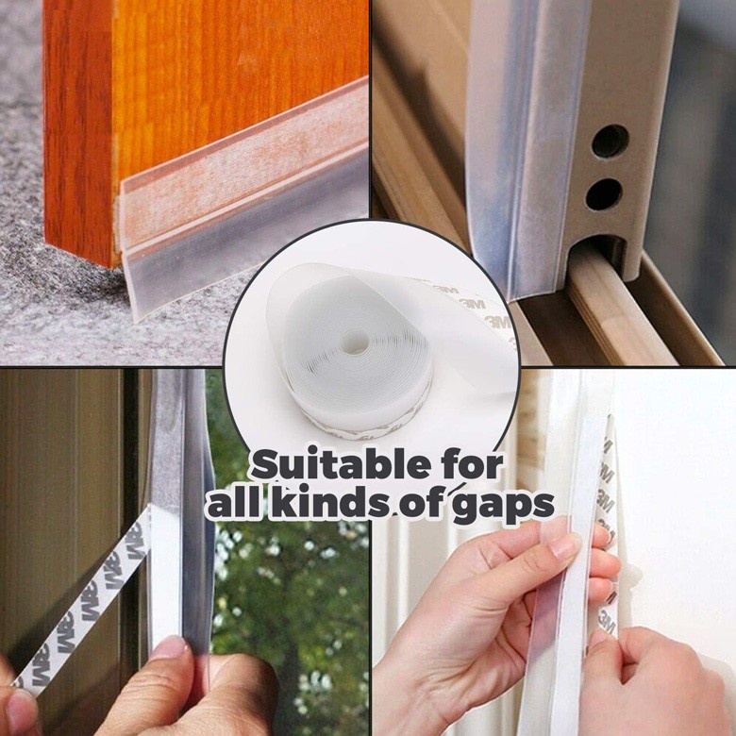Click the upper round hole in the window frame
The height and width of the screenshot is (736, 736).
(610, 141)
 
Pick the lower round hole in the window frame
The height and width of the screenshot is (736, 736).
(605, 194)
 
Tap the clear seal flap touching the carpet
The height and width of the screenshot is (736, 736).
(244, 263)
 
